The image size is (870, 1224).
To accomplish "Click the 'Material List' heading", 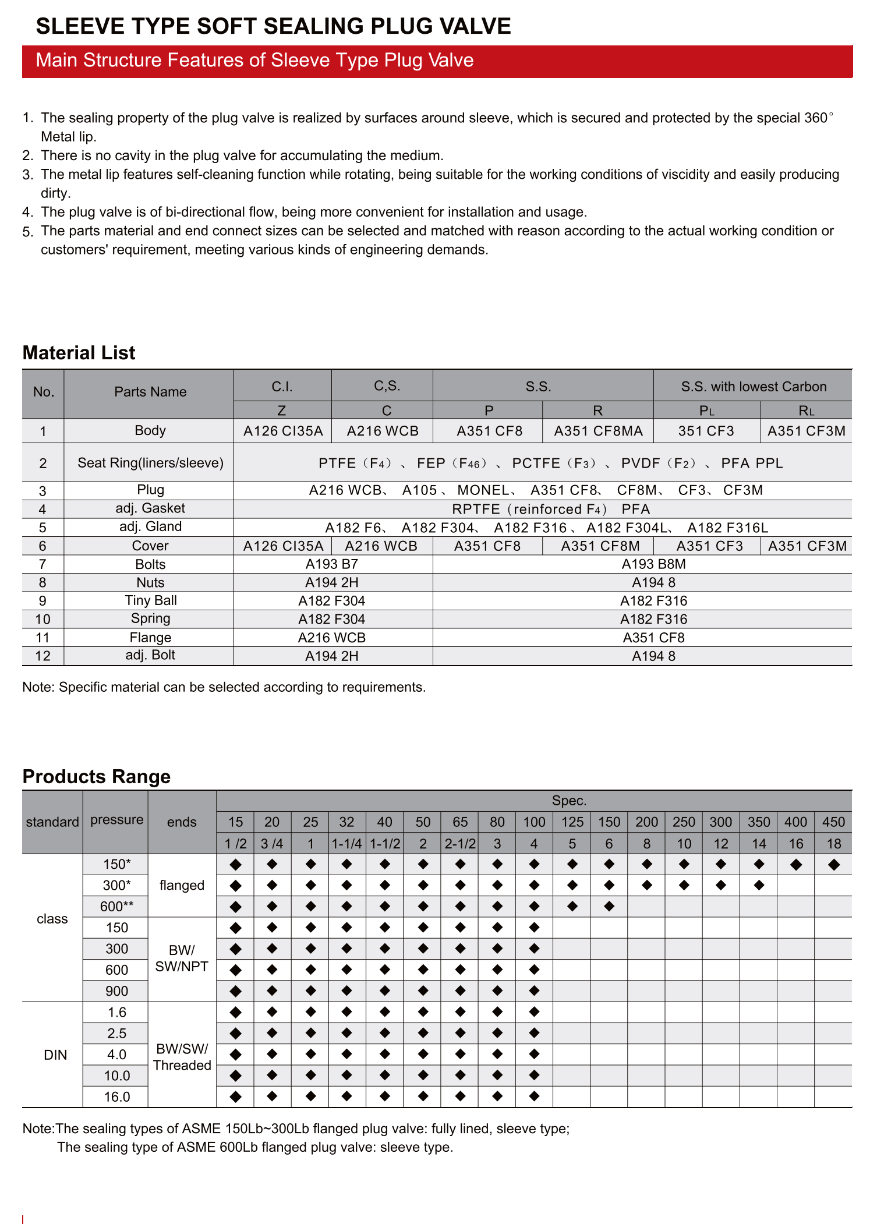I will point(79,353).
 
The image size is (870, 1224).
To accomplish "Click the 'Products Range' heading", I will point(96,777).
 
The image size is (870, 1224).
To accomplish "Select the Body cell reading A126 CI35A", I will point(282,431).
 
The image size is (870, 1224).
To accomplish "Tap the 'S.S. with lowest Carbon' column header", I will point(753,387).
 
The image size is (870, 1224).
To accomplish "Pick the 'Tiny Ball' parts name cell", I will point(150,600).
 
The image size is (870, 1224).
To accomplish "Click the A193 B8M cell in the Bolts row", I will point(653,564).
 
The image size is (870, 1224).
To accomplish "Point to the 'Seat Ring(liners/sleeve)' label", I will point(150,463).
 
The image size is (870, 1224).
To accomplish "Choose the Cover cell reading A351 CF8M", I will point(600,546).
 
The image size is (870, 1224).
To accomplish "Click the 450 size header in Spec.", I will point(833,822).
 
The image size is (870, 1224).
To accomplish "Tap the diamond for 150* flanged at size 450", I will point(833,865).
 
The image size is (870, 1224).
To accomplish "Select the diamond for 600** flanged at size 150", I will point(609,907).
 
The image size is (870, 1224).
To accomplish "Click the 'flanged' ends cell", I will point(182,885).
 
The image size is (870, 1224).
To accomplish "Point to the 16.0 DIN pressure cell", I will point(116,1097).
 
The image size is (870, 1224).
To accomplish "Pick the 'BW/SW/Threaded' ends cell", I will point(182,1057).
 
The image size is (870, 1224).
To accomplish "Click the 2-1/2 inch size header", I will point(460,844).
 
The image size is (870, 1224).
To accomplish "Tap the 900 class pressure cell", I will point(116,991).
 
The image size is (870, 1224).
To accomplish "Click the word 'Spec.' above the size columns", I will point(569,801).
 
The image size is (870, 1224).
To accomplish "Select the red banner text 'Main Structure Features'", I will point(254,61).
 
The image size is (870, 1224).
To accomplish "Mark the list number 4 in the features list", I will point(28,213).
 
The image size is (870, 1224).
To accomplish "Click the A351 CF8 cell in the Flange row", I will point(653,638).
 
